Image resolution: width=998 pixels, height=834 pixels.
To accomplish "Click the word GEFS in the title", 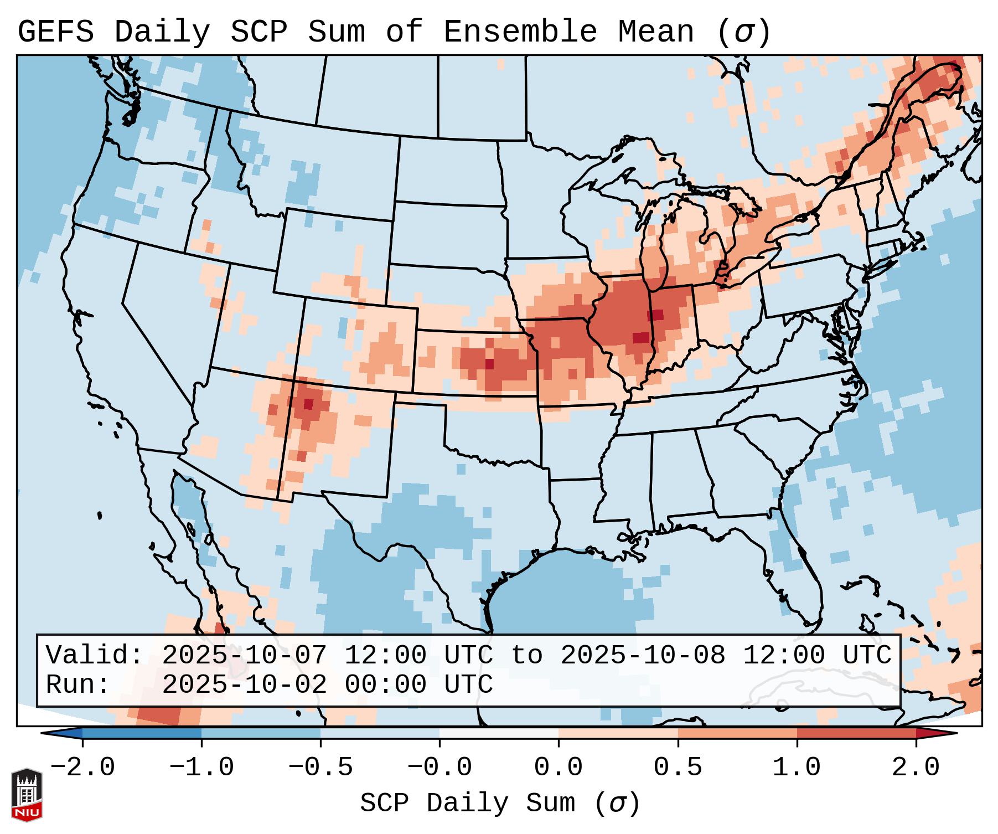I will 55,32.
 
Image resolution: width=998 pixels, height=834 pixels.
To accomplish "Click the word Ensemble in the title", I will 520,32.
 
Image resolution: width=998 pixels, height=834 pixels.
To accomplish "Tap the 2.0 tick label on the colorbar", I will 916,768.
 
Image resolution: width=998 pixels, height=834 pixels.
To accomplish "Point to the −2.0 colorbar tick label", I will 82,768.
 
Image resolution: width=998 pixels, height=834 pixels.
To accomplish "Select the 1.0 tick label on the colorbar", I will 797,768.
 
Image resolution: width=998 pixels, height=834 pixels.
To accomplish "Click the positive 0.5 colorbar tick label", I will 678,768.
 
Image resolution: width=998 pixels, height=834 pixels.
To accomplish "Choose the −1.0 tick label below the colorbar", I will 201,768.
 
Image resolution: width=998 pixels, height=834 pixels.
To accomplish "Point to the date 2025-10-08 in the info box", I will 643,655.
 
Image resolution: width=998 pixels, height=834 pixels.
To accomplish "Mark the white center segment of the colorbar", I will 499,733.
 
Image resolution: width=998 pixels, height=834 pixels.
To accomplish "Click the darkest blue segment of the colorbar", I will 142,733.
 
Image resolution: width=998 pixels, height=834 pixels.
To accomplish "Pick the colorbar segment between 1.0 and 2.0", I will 856,733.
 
